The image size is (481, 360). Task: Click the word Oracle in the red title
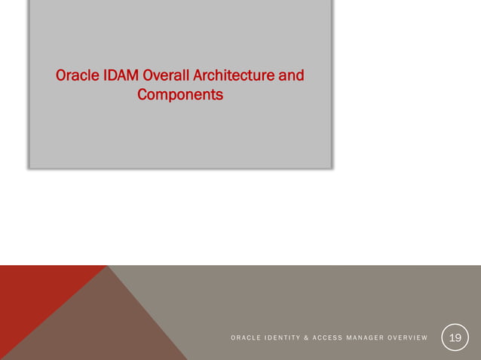click(x=75, y=76)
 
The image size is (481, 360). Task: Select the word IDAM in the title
click(x=117, y=76)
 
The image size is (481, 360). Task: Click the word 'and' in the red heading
click(x=293, y=76)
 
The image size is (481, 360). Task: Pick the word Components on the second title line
click(x=180, y=96)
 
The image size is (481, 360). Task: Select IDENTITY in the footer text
click(x=286, y=338)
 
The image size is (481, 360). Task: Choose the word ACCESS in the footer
click(x=341, y=338)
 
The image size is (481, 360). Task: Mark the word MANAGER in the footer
click(x=380, y=338)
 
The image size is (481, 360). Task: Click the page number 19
click(x=455, y=337)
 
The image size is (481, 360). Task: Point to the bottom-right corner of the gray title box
click(x=331, y=166)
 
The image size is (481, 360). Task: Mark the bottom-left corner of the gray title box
click(x=30, y=166)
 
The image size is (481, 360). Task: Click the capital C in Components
click(x=142, y=96)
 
